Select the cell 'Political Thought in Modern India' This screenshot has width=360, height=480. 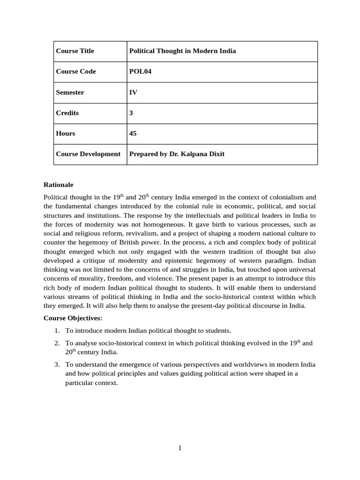point(182,51)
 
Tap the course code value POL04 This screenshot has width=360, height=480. point(140,72)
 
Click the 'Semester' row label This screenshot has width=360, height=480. point(70,92)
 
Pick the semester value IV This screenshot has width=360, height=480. point(133,92)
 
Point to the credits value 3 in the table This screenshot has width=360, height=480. point(131,113)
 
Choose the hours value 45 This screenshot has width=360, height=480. point(133,134)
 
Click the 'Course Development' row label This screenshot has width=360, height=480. point(88,154)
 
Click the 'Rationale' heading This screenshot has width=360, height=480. point(58,185)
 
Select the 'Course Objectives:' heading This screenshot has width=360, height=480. point(73,318)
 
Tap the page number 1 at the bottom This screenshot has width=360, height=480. point(180,448)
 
